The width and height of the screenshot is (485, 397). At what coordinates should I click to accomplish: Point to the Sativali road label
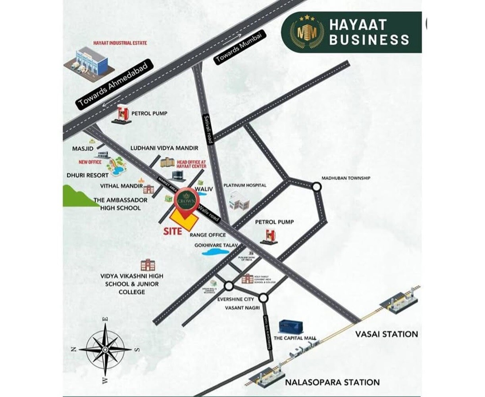click(208, 129)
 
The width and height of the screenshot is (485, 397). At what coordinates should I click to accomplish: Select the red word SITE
click(173, 231)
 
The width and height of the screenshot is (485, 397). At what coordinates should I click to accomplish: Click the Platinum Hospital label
click(244, 185)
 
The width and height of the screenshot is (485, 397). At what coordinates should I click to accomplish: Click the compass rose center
click(105, 349)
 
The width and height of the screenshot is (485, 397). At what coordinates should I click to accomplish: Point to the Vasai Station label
click(384, 334)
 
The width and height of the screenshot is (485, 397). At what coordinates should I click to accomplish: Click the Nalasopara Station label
click(332, 382)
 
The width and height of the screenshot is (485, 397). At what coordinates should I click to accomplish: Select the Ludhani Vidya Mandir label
click(164, 148)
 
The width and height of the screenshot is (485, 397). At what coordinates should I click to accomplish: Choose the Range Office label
click(208, 235)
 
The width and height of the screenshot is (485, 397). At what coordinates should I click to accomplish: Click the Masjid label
click(83, 148)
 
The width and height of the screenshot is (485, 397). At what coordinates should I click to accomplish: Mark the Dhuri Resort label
click(88, 175)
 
